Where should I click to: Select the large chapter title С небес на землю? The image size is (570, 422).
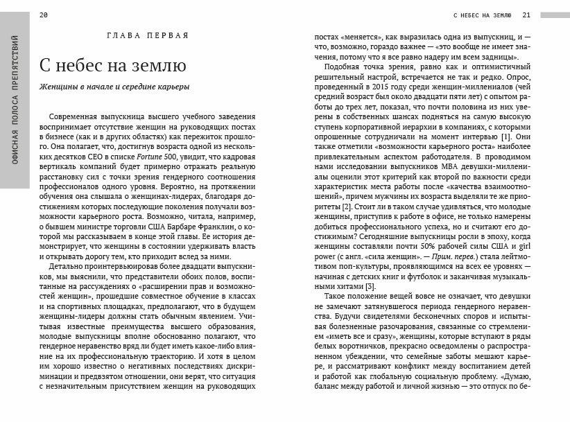coord(112,67)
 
